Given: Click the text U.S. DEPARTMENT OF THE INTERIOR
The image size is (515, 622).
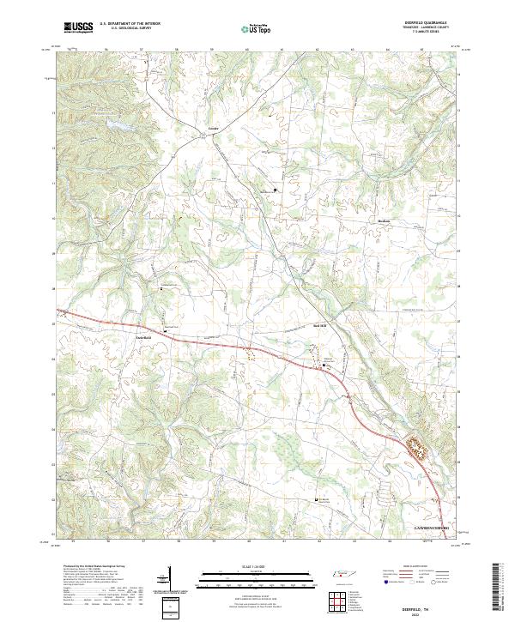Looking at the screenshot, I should tap(136, 24).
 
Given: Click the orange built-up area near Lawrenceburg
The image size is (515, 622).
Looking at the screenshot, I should tap(419, 446).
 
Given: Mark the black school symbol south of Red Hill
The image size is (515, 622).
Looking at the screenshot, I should tap(324, 365).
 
